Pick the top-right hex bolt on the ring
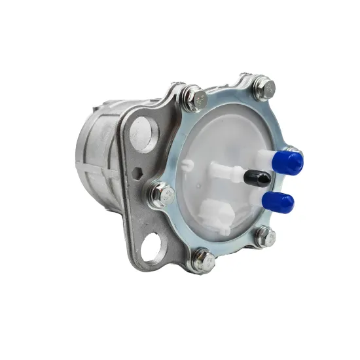pos(263,86)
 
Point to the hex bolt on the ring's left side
pos(163,194)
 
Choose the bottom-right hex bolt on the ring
pos(264,237)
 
